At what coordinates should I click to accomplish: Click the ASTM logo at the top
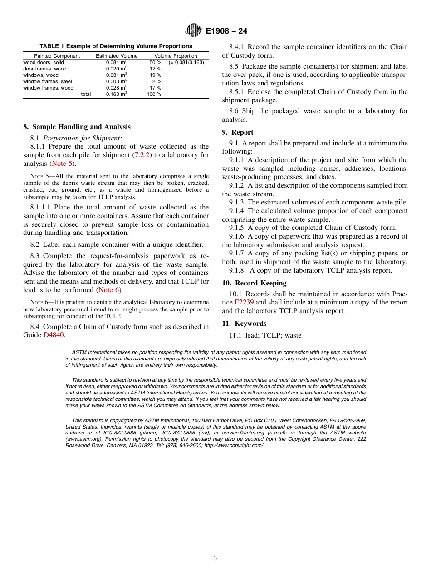tap(194, 31)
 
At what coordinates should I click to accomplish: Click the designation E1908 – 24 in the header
tap(226, 31)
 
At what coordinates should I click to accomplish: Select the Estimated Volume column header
tap(117, 56)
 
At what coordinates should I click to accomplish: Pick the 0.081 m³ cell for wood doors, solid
tap(117, 62)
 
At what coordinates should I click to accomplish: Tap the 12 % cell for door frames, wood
tap(156, 69)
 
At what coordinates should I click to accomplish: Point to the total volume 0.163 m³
tap(117, 94)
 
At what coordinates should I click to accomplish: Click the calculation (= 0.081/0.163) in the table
tap(186, 62)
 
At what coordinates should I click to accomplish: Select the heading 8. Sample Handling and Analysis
tap(77, 127)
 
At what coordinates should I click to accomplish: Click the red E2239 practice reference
tap(244, 302)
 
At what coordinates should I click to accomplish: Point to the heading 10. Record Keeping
tap(254, 283)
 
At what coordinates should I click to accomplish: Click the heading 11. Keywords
tap(244, 324)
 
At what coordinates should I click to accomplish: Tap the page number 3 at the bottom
tap(215, 558)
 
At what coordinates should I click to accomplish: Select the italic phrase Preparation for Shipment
tap(83, 138)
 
